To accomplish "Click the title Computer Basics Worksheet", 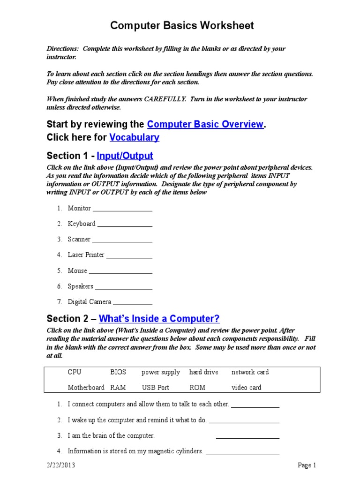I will (x=182, y=26).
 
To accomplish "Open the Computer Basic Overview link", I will (x=205, y=124).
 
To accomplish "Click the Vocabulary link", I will (x=134, y=137).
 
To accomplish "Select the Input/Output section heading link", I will (x=125, y=156).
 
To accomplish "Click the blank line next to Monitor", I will (x=122, y=210).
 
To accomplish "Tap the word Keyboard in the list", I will (x=82, y=224).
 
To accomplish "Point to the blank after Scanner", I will (x=122, y=240).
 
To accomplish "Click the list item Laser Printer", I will (x=86, y=255).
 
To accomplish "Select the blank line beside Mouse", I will (x=120, y=272).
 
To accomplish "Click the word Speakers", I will (x=81, y=286).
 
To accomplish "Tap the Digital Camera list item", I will (x=90, y=302).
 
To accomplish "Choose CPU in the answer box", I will (x=75, y=372).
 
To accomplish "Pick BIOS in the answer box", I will (x=118, y=372).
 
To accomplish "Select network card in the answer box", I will (x=250, y=372).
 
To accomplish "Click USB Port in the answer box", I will (x=156, y=388).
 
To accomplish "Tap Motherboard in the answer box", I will (x=86, y=388).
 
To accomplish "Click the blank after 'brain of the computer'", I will (x=247, y=437).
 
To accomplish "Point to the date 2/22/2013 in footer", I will (x=60, y=465).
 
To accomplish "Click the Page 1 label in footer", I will (x=307, y=465).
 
